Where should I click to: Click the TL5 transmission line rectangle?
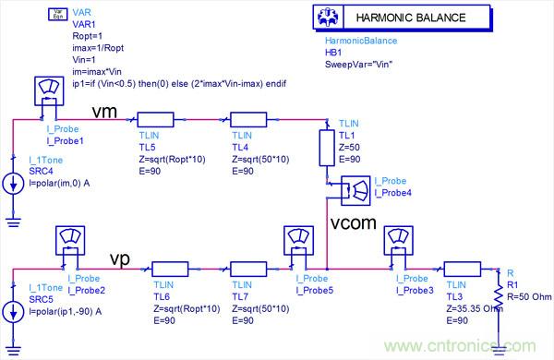coord(155,119)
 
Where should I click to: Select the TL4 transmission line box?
coord(248,119)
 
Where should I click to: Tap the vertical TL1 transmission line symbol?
coord(327,148)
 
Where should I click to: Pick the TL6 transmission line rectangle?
coord(170,269)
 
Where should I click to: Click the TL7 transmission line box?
coord(248,269)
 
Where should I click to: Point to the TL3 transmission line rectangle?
coord(463,269)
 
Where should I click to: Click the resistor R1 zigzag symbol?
coord(499,295)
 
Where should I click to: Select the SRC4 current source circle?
coord(14,184)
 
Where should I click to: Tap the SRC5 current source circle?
coord(14,312)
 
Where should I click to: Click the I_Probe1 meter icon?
coord(49,90)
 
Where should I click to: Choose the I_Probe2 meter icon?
coord(70,241)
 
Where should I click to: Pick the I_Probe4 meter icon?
coord(355,191)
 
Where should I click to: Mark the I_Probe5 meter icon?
coord(298,241)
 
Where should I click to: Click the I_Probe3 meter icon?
coord(399,241)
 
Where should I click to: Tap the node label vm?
coord(104,112)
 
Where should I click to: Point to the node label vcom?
coord(354,223)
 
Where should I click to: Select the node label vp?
coord(120,259)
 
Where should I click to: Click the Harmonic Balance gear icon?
coord(328,18)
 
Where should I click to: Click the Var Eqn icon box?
coord(57,14)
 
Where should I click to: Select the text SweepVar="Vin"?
coord(358,65)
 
